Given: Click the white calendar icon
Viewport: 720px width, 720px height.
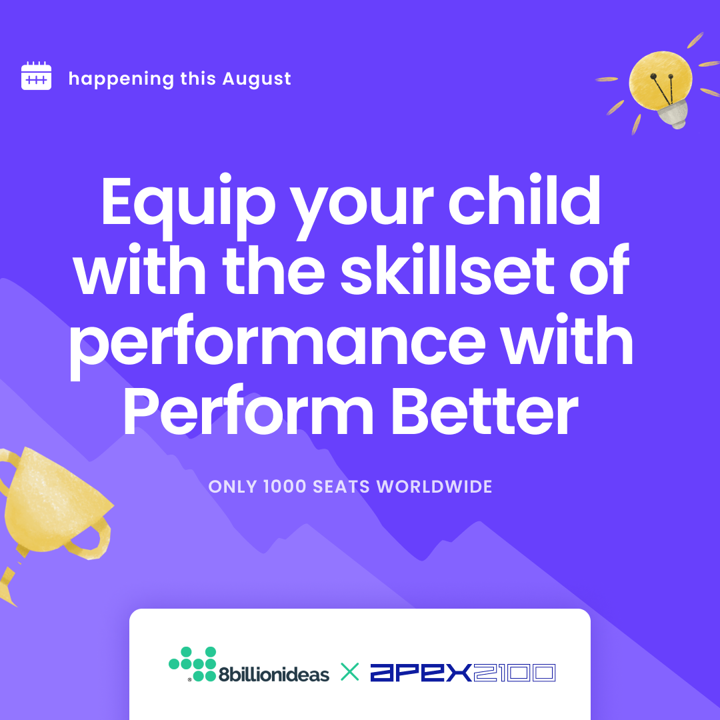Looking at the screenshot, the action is pos(36,76).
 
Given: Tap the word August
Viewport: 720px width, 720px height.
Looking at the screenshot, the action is pos(257,79).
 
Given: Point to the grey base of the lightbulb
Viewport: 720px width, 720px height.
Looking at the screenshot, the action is pos(673,115).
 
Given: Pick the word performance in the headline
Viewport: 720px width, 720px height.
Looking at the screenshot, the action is pos(277,345).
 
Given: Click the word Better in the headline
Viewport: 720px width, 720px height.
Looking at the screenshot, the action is pos(485,411).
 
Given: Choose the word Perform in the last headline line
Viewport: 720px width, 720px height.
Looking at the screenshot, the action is pos(249,411).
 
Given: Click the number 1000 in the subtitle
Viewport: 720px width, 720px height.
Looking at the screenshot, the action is pos(285,486).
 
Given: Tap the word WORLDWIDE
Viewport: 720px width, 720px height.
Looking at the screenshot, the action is pos(435,486).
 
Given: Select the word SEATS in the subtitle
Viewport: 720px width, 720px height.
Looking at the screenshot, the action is pos(341,486).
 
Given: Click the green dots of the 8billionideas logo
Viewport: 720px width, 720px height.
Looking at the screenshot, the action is pos(193,664).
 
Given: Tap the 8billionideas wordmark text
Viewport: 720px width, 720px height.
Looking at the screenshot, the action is pos(274,673).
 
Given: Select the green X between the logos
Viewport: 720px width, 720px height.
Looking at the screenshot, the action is pos(350,672).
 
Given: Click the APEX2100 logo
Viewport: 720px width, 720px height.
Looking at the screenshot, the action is pos(463,673).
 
